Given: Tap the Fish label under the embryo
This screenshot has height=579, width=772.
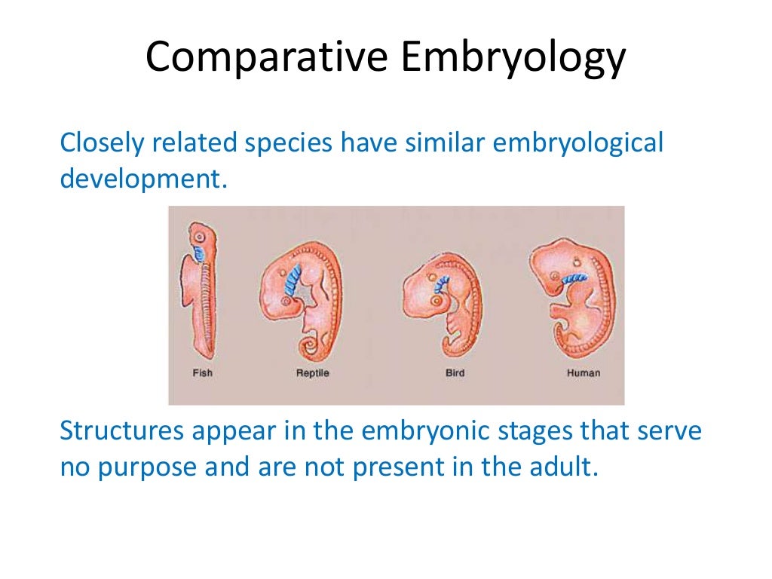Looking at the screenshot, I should pyautogui.click(x=203, y=372).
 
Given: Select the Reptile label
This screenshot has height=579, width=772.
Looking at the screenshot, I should pyautogui.click(x=312, y=372).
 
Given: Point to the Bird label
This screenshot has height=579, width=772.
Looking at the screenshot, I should pyautogui.click(x=455, y=372).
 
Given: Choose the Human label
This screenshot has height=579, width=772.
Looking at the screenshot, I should pyautogui.click(x=584, y=372).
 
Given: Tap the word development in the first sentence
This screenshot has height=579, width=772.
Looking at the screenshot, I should pyautogui.click(x=142, y=179).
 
